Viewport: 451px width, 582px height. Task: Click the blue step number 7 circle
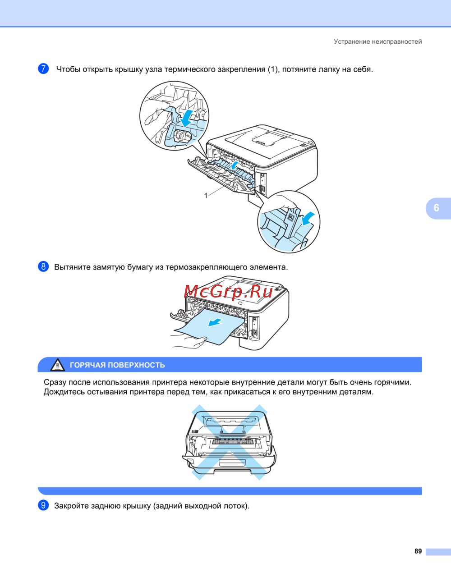coord(43,69)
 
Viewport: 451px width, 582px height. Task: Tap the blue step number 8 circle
coord(43,266)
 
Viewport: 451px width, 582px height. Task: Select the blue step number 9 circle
coord(43,505)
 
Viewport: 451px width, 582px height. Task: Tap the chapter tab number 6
coord(436,208)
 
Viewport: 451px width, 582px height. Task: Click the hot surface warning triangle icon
coord(58,365)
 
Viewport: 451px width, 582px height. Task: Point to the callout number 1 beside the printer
coord(206,196)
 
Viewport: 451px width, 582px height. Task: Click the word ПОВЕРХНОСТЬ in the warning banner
coord(136,365)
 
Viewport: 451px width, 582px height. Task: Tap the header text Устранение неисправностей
coord(377,41)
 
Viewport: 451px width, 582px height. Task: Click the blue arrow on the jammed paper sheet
coord(215,322)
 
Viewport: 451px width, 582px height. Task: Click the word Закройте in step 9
coord(72,506)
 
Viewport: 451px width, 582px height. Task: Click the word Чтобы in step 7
coord(68,69)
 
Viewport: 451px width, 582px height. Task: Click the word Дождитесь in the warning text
coord(64,392)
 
